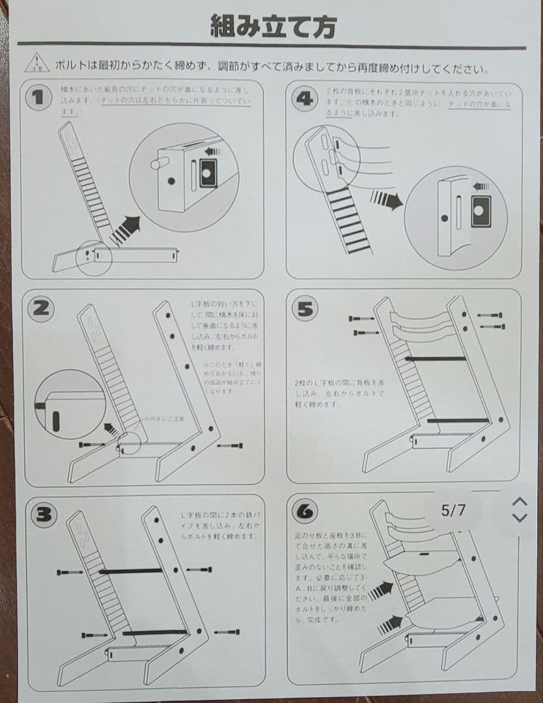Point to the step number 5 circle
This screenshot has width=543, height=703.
(x=304, y=309)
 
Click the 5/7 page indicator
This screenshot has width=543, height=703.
(x=454, y=510)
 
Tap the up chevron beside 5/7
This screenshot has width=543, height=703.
(x=519, y=502)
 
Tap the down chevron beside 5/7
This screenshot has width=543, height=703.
(x=519, y=517)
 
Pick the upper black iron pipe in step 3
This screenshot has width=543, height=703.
(x=130, y=571)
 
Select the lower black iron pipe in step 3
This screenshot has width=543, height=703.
(x=155, y=632)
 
